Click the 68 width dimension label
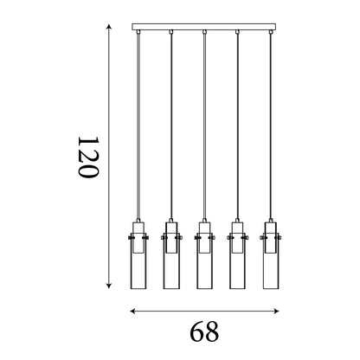click(204, 331)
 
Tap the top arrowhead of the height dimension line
click(109, 27)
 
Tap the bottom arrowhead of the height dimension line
click(109, 286)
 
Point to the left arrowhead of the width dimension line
click(132, 311)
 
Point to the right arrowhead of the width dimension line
click(276, 311)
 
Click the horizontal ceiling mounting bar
click(204, 27)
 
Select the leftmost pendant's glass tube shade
click(138, 260)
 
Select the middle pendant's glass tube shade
click(205, 260)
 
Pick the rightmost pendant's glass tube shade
click(271, 260)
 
